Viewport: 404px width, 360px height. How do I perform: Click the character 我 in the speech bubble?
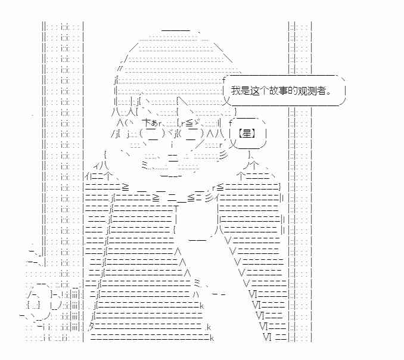point(235,91)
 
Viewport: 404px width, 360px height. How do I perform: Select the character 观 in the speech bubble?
point(303,91)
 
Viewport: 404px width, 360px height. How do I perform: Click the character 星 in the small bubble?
point(247,134)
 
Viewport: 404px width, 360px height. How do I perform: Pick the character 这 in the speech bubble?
point(254,91)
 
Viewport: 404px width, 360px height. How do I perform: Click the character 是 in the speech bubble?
point(245,91)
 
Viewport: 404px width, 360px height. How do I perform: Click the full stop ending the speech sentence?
point(328,94)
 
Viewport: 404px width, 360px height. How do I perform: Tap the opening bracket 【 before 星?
point(240,134)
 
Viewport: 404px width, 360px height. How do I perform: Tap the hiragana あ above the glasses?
point(154,123)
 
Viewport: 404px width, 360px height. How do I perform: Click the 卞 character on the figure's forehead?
point(147,123)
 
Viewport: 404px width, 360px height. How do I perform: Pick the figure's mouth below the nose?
point(173,157)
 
